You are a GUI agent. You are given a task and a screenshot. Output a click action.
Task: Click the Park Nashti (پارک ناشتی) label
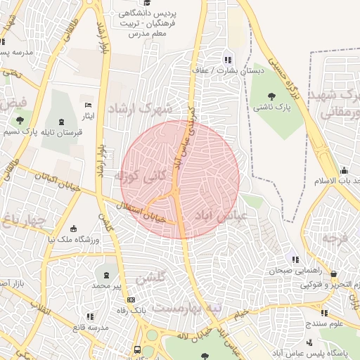273,106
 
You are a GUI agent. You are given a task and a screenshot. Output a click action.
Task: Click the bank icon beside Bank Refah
131,300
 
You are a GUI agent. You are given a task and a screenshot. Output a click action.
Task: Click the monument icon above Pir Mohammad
106,275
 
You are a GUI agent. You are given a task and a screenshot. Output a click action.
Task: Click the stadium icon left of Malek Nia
74,229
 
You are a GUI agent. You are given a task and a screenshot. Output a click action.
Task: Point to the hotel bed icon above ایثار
88,104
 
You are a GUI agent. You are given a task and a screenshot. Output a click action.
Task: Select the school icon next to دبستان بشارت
226,59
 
